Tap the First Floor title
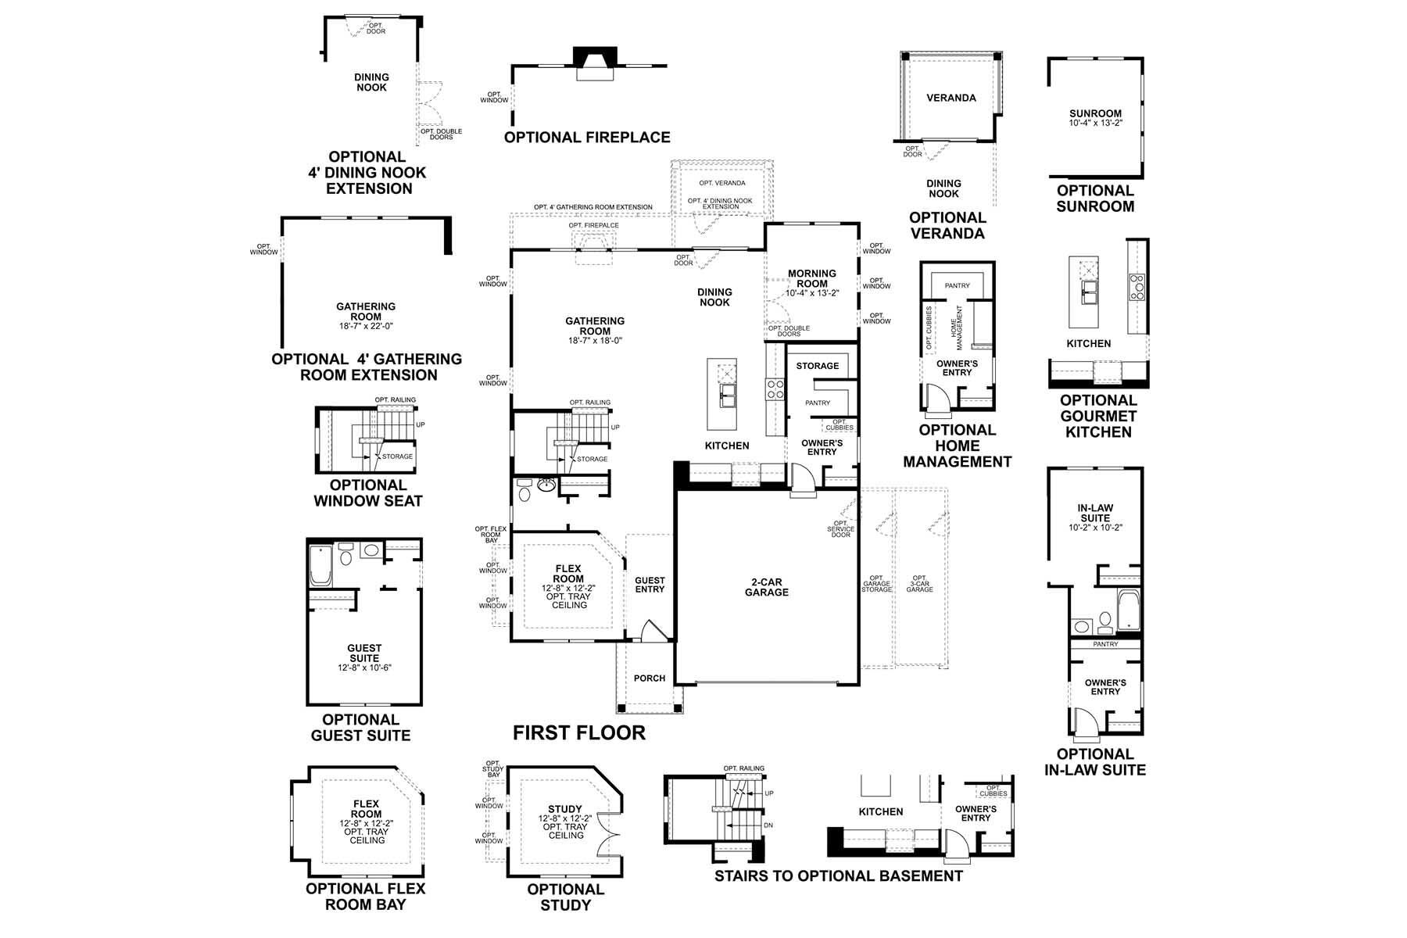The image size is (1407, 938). tap(579, 732)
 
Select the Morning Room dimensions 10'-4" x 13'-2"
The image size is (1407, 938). tap(812, 293)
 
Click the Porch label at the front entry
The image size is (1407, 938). tap(649, 678)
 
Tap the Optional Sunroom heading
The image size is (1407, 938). tap(1095, 199)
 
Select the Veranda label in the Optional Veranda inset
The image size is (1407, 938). tap(951, 98)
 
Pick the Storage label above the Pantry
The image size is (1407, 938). tap(817, 366)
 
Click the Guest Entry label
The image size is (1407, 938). tap(650, 585)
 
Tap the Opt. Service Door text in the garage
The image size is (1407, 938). tap(840, 529)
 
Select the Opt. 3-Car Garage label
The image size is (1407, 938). tap(919, 584)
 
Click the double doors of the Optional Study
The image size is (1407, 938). tap(606, 843)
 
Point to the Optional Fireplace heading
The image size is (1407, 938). tap(587, 138)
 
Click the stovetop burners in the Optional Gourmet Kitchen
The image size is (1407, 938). tap(1136, 287)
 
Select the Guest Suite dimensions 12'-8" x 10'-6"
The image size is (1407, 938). tap(364, 668)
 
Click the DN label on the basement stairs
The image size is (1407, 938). tap(768, 825)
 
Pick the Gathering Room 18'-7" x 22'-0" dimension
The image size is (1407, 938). tap(366, 327)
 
